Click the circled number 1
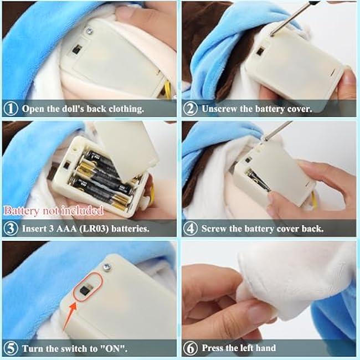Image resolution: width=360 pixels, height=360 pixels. (11, 109)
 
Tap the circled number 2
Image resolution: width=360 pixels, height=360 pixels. (191, 109)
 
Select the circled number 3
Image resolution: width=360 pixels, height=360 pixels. (11, 228)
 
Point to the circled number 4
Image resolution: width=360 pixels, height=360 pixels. (191, 228)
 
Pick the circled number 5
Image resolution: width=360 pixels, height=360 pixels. (11, 348)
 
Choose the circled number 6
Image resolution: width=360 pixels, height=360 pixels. (191, 348)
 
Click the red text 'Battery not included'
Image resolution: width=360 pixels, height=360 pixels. (54, 211)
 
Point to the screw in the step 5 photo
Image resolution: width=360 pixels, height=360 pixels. (107, 267)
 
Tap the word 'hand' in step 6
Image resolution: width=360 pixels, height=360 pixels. (266, 348)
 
